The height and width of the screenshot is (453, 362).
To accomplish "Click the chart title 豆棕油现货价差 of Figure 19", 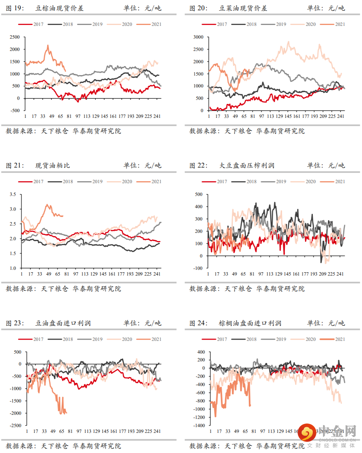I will [59, 8].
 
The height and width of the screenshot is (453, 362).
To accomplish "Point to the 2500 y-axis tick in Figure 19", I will [14, 37].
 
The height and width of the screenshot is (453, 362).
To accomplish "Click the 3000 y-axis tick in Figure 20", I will [198, 37].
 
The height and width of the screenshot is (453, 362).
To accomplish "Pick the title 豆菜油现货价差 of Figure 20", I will [243, 8].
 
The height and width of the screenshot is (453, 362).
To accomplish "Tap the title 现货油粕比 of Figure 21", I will [53, 166].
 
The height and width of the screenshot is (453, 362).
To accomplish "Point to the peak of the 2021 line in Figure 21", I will [48, 204].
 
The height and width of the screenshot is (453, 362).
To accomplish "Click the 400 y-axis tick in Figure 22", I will [199, 207].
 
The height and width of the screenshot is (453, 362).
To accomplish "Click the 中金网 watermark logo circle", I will [306, 432].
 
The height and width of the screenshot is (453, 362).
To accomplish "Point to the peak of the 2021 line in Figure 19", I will [48, 45].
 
